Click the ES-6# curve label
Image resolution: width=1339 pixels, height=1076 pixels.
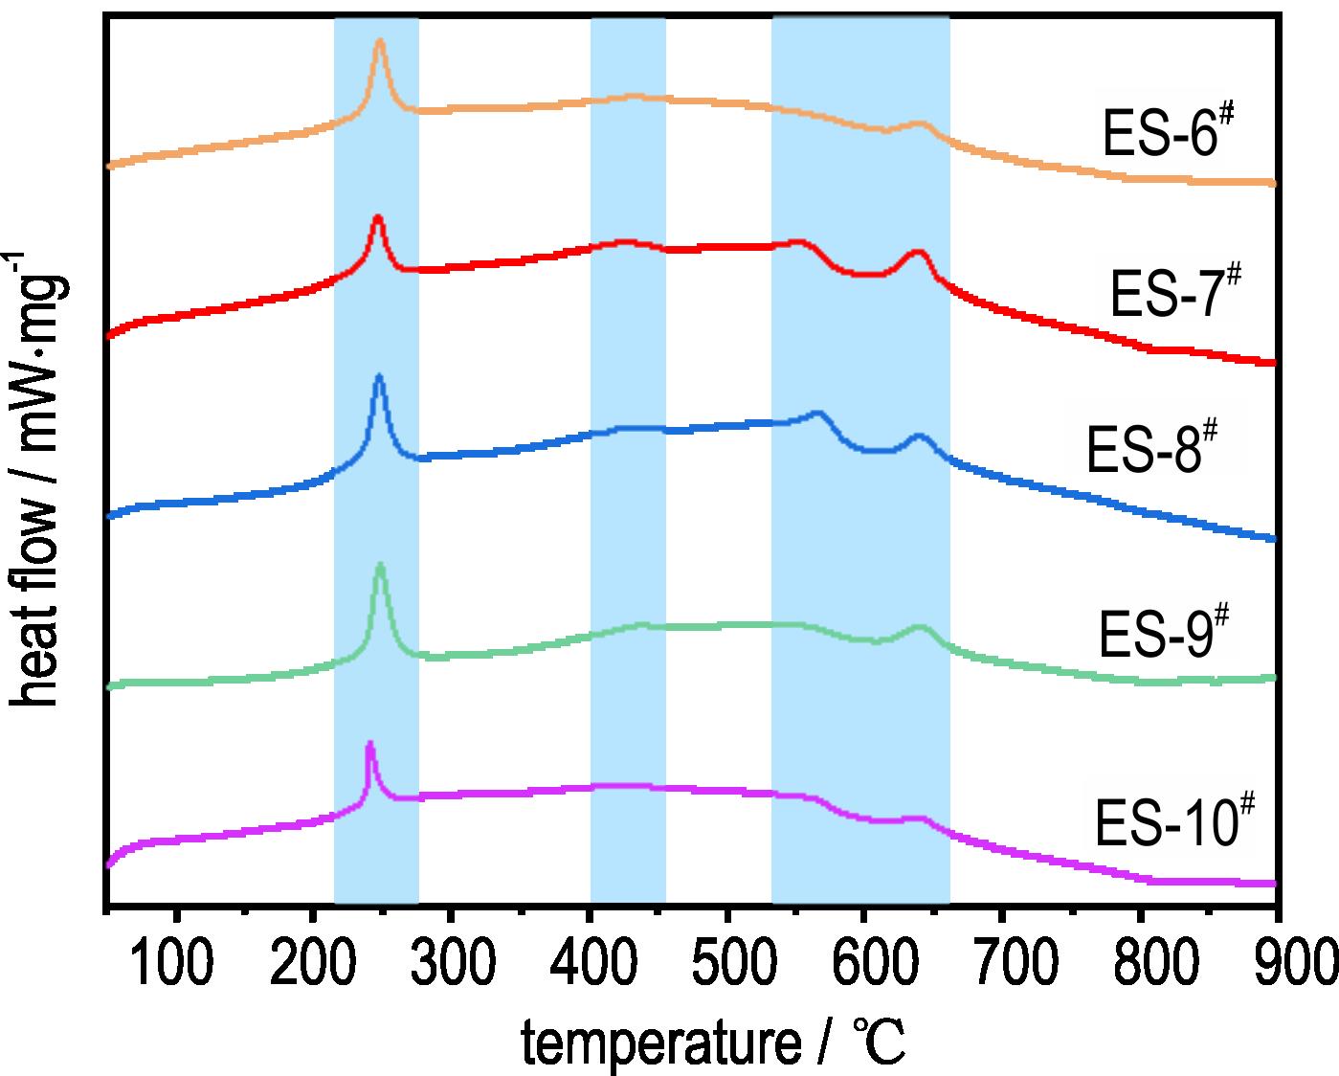tap(1163, 134)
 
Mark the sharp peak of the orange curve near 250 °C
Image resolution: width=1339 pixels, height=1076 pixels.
tap(380, 41)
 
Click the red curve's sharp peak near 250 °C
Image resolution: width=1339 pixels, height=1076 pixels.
tap(377, 218)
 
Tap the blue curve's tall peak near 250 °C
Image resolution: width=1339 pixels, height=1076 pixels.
tap(379, 376)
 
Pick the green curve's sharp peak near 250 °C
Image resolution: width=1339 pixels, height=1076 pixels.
tap(381, 565)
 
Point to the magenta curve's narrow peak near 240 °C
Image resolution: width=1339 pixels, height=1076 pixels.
tap(369, 743)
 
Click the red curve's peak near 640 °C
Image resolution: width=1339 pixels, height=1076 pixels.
tap(918, 252)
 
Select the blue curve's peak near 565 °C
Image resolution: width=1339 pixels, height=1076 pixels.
tap(817, 413)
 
